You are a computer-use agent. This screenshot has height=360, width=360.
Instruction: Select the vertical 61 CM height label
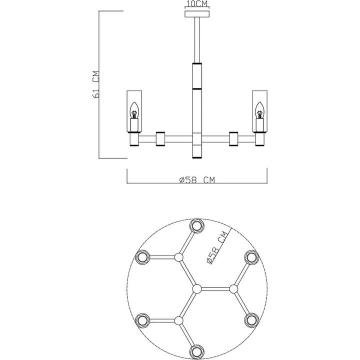pos(97,83)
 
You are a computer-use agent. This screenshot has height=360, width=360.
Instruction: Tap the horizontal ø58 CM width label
pos(196,180)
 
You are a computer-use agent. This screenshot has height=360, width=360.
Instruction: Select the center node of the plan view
pos(196,288)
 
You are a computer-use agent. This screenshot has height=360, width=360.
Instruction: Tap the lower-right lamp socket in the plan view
pos(251,320)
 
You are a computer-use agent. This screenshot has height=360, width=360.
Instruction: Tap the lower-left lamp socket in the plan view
pos(142,320)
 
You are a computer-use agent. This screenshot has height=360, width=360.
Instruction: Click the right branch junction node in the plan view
pos(233,288)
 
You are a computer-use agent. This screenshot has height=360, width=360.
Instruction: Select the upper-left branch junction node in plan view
pos(178,257)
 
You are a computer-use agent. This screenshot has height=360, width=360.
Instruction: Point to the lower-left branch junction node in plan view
pos(178,320)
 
